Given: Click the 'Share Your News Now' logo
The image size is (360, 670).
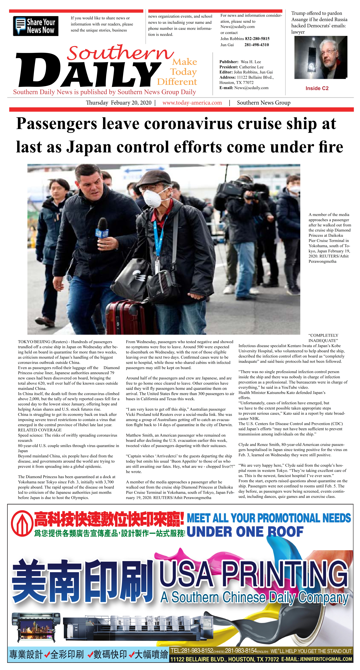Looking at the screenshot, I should [36, 26].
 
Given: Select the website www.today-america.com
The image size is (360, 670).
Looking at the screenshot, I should [192, 103].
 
